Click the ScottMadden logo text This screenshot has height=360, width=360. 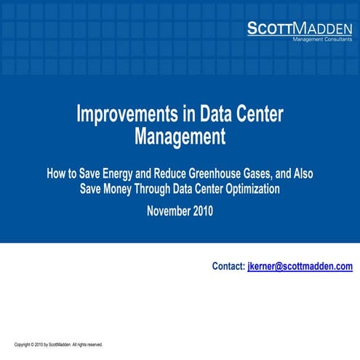click(x=300, y=28)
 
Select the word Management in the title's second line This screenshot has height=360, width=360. click(x=180, y=136)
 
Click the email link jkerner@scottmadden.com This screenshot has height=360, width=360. click(x=300, y=267)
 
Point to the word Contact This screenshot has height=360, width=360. click(x=228, y=267)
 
